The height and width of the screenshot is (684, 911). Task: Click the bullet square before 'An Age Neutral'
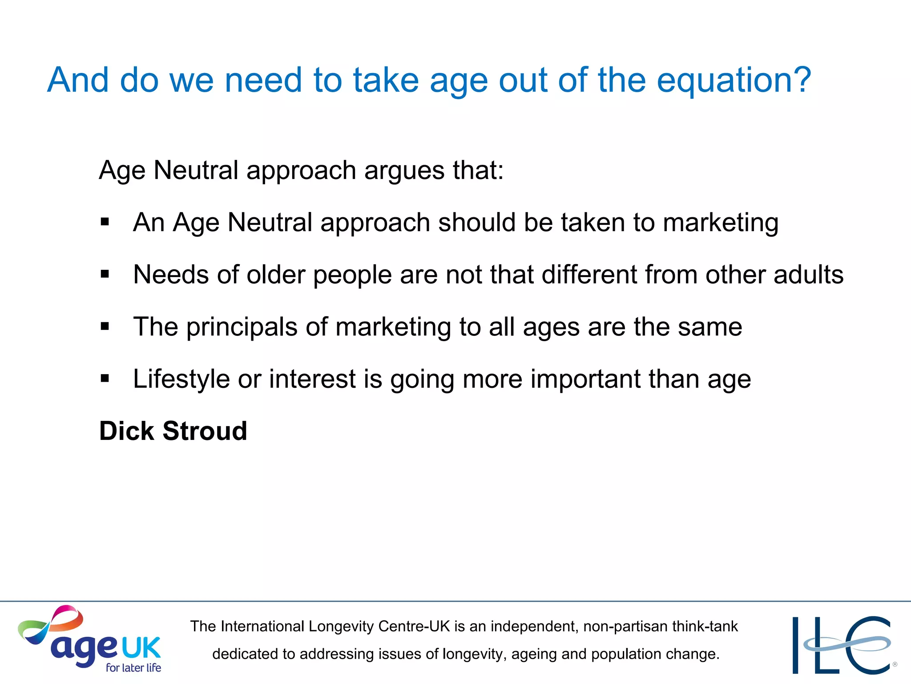(105, 221)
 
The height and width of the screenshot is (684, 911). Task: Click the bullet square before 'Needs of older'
(105, 274)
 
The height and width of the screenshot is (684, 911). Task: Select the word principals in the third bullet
(242, 327)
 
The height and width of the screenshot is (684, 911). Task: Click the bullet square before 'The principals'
(105, 326)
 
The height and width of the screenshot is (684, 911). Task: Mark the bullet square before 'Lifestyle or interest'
(105, 379)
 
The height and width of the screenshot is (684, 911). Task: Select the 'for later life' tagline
(133, 668)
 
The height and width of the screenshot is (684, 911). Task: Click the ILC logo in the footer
(843, 645)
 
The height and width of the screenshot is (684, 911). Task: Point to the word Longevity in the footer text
(342, 627)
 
